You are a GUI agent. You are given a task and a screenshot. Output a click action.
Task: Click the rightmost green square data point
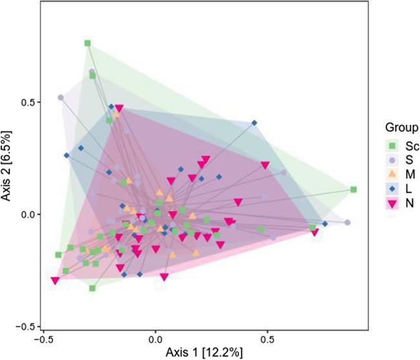(x=353, y=190)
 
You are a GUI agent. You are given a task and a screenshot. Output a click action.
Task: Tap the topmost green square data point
(x=87, y=43)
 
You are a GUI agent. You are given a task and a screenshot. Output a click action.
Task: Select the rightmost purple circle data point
(x=348, y=223)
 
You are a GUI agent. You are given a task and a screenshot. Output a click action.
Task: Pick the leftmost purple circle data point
(x=61, y=98)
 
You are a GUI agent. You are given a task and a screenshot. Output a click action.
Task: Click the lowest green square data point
(x=93, y=288)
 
